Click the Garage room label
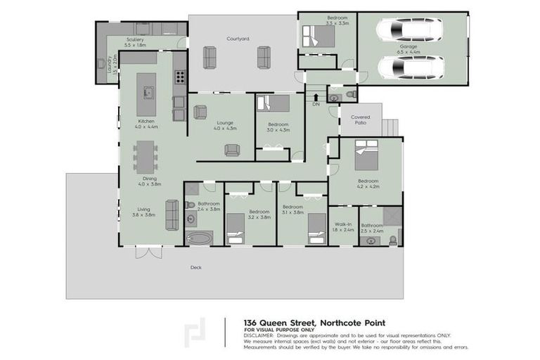coord(408,49)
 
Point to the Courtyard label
coord(238,39)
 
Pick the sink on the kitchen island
coord(148,92)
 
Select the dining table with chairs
coord(146,157)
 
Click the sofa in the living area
coord(172,214)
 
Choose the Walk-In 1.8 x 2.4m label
coord(342,226)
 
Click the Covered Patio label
coord(359,120)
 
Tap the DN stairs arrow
coord(316,98)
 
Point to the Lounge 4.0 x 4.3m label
coord(225,126)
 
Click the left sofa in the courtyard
coord(209,57)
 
